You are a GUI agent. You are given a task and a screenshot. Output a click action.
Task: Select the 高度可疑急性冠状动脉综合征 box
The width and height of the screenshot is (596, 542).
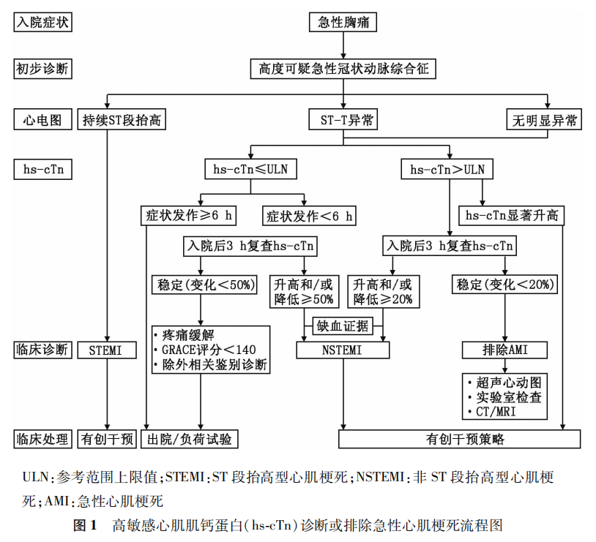click(343, 69)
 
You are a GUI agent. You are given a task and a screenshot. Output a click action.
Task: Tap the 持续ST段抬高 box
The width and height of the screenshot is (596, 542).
click(119, 119)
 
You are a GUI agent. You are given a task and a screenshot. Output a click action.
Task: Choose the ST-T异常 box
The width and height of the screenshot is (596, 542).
click(343, 119)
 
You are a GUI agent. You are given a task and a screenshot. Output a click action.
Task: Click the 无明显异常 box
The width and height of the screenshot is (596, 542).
click(544, 119)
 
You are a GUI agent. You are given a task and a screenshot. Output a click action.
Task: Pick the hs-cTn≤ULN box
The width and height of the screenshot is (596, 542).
click(250, 170)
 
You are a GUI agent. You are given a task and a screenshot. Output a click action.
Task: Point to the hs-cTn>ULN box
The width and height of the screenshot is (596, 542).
click(447, 170)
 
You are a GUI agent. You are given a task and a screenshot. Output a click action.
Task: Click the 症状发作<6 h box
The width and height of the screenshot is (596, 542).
click(309, 216)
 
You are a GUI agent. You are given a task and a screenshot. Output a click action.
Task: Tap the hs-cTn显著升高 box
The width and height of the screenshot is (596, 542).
click(512, 216)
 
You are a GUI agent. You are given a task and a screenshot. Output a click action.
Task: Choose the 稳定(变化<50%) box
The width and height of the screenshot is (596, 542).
click(203, 284)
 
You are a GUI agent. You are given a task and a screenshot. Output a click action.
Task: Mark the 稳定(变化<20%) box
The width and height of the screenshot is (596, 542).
click(506, 284)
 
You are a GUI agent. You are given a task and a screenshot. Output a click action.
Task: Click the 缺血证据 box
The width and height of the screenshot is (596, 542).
click(342, 325)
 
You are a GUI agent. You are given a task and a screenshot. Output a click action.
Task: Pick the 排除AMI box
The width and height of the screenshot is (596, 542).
click(505, 350)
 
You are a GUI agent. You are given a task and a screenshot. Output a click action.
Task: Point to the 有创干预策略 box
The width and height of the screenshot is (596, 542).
click(459, 439)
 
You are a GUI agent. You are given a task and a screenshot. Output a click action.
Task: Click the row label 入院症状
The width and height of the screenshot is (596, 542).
click(43, 23)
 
